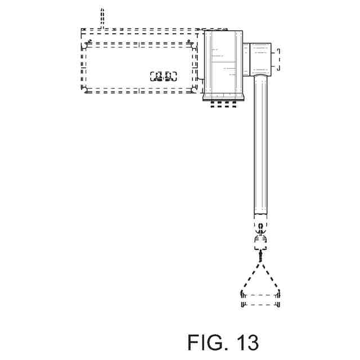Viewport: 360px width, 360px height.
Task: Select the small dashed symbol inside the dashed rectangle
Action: (x=164, y=76)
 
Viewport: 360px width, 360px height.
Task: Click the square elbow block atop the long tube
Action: (x=260, y=60)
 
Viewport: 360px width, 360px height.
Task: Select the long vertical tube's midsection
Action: (x=261, y=146)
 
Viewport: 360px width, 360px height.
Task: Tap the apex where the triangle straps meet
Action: (x=260, y=256)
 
